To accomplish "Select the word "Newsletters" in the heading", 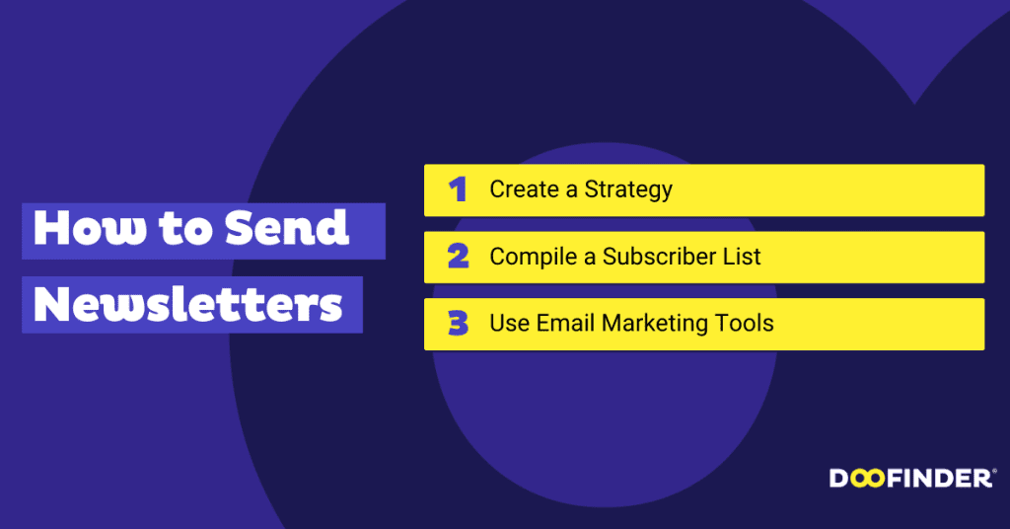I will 188,305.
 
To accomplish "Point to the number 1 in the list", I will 457,189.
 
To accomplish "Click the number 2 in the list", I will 457,257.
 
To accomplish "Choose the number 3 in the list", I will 457,324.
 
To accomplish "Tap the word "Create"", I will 524,189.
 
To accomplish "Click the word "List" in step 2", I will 747,257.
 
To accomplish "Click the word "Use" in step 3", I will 509,323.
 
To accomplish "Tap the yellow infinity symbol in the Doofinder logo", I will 867,479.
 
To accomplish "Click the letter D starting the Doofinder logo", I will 838,479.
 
